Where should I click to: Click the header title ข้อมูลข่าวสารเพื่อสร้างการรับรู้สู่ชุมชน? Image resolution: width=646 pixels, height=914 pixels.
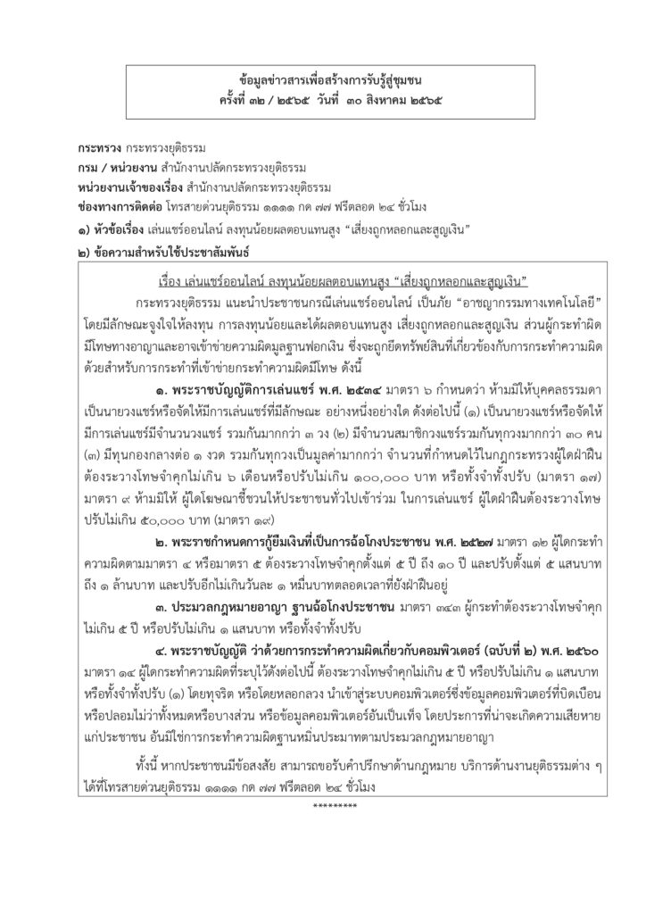point(323,80)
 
